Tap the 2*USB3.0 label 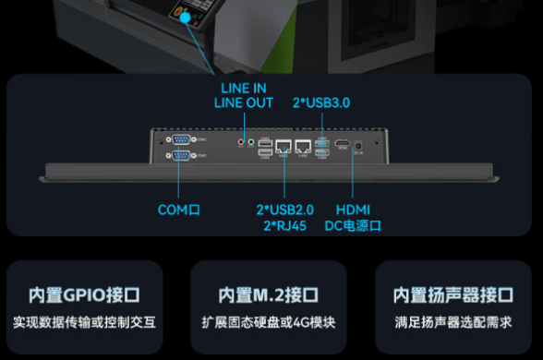tap(321, 102)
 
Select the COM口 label tap(179, 210)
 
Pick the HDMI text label tap(355, 210)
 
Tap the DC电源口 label tap(355, 225)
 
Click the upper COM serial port tap(179, 140)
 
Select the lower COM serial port tap(179, 157)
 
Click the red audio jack tap(242, 143)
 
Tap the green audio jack tap(250, 143)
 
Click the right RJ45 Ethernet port tap(301, 146)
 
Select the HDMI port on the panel tap(342, 145)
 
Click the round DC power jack tap(358, 145)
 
